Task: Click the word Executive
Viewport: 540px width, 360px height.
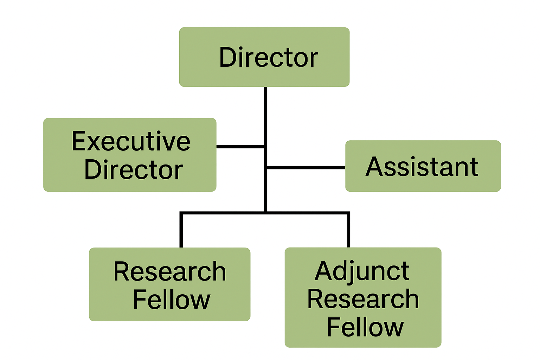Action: point(131,141)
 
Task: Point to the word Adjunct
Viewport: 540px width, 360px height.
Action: point(362,272)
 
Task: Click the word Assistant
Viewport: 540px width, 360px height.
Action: point(422,167)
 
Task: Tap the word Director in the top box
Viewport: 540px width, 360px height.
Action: point(268,58)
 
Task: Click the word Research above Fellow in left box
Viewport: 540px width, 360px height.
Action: point(170,272)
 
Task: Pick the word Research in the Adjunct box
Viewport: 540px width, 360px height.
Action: point(363,299)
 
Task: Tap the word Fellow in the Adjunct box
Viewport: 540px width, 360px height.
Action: point(365,327)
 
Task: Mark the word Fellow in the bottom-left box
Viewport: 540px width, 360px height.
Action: point(171,300)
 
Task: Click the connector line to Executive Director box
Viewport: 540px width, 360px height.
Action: point(240,146)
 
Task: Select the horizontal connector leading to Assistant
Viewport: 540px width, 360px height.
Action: point(306,168)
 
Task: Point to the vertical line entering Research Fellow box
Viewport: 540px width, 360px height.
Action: point(181,230)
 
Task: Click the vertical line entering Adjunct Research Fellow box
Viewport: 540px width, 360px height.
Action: point(348,230)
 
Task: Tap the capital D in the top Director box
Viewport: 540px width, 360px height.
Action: point(227,58)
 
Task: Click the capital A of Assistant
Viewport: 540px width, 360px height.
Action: point(374,167)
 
